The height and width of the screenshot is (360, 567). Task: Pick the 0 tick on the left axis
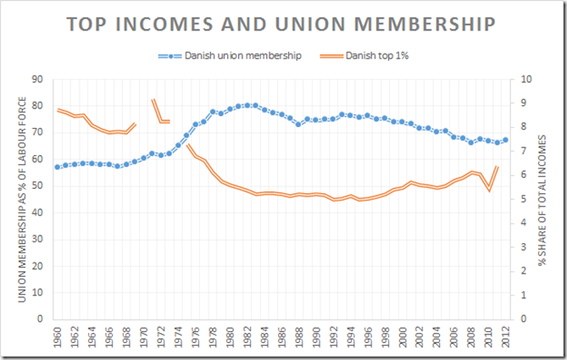(x=40, y=319)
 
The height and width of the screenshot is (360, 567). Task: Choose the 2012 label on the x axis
(x=506, y=336)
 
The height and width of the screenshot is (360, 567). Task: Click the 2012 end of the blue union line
(x=506, y=140)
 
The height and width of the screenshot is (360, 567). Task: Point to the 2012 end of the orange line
(x=498, y=167)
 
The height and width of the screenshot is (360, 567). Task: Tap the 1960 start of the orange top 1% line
(x=58, y=110)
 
